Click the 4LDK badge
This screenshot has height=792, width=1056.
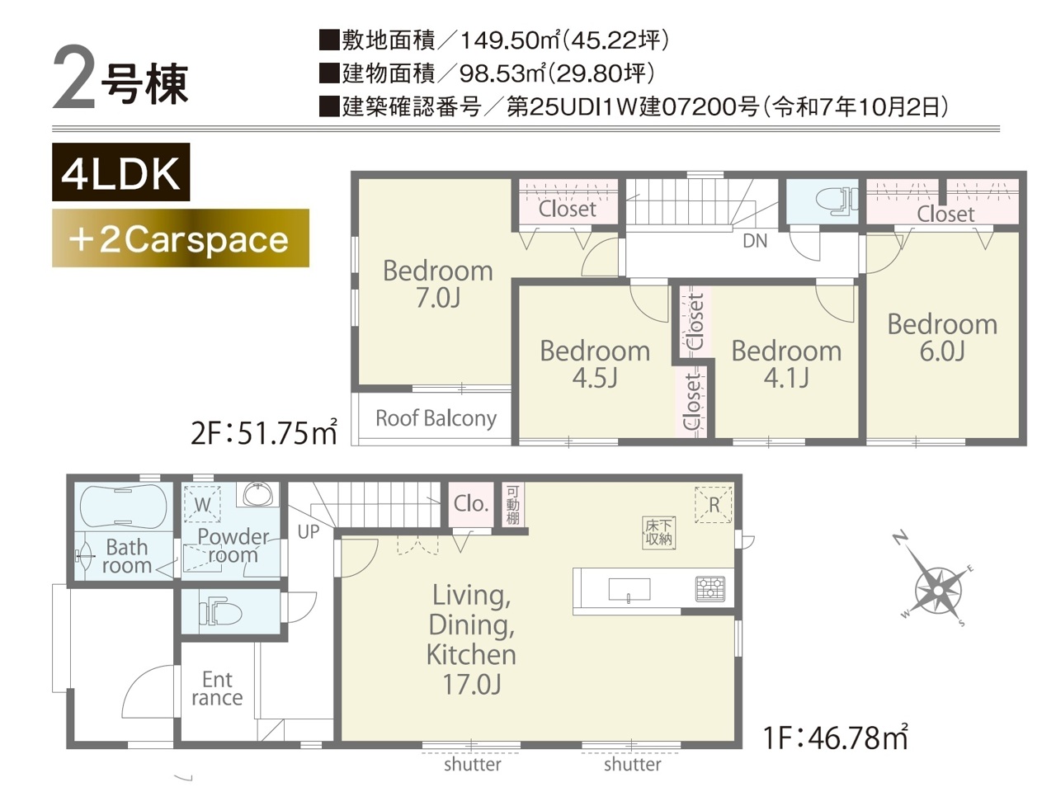(x=120, y=172)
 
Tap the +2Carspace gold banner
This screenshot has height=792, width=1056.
(x=181, y=238)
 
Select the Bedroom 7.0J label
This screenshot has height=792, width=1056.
(x=438, y=284)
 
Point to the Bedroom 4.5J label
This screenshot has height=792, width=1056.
(x=595, y=364)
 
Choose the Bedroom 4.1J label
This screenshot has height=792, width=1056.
(x=786, y=364)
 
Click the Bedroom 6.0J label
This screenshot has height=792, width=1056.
(x=942, y=337)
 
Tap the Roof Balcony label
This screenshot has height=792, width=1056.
(x=436, y=418)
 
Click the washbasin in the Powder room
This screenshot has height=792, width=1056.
(x=258, y=493)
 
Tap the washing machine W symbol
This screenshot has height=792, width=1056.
(x=202, y=504)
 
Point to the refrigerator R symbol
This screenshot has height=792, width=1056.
(x=714, y=505)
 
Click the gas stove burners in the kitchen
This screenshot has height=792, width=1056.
(x=710, y=589)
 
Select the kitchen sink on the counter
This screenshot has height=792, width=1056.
(x=629, y=589)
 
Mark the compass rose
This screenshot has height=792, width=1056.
(x=938, y=590)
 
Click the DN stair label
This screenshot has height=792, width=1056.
(x=755, y=241)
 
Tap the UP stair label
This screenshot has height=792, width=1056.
(x=309, y=532)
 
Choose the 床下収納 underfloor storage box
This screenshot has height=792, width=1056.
(x=658, y=533)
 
